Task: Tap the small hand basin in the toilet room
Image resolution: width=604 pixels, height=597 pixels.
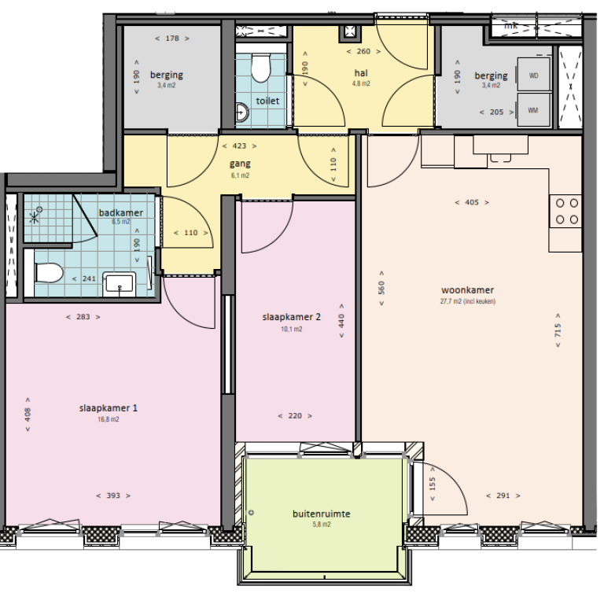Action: point(241,114)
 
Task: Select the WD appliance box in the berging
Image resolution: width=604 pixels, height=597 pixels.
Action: point(533,76)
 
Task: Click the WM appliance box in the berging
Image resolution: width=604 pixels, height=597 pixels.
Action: point(533,109)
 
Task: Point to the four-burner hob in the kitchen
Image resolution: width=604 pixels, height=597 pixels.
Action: point(566,209)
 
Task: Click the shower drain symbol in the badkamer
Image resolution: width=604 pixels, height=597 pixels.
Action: point(35,213)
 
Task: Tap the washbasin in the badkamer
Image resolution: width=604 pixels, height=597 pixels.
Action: point(120,282)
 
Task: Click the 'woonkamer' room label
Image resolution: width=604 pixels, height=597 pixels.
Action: point(467,290)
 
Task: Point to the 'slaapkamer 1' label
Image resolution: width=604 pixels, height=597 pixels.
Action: point(109,408)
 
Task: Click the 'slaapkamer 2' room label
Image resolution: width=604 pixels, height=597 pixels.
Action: point(291,318)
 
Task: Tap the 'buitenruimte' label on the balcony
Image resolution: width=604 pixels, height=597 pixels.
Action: point(321,514)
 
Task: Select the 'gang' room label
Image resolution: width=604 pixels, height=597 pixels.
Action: point(240,164)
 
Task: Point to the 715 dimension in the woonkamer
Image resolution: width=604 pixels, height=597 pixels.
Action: point(558,332)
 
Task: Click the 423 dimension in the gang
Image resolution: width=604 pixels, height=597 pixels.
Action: point(240,146)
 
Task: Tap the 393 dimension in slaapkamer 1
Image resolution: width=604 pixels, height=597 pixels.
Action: point(112,496)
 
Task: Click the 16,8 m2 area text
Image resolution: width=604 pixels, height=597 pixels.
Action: point(109,419)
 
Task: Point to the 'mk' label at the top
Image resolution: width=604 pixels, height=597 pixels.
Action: point(510,25)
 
